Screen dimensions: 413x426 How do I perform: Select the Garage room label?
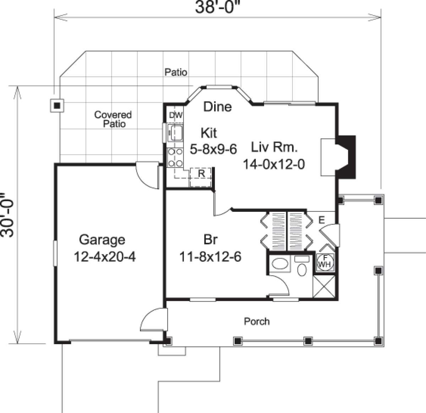[102, 240]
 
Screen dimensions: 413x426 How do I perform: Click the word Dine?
[217, 106]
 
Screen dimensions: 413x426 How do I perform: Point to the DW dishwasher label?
[175, 115]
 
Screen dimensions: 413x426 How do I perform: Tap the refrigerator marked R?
[201, 174]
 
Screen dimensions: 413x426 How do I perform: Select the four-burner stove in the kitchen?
[175, 157]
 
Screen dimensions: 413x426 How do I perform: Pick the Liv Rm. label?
[274, 147]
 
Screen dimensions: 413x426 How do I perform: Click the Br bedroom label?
[210, 240]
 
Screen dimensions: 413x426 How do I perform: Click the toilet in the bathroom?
[302, 268]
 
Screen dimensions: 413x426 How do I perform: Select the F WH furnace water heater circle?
[324, 262]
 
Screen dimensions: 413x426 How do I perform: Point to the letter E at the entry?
[321, 220]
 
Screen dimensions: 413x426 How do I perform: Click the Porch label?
[257, 321]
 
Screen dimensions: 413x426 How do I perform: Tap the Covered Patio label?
[113, 119]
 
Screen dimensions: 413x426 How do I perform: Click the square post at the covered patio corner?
[56, 105]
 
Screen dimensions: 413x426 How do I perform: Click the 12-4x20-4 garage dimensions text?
[104, 257]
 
